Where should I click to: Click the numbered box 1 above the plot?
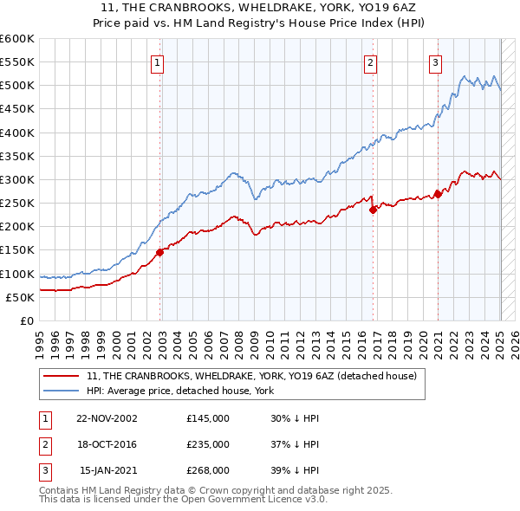157,61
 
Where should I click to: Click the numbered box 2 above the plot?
370,61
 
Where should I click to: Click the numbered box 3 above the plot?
434,61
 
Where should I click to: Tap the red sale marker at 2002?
160,252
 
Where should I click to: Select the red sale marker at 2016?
373,210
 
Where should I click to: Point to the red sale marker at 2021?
438,194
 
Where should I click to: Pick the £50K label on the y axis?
21,297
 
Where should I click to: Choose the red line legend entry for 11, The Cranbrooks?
252,376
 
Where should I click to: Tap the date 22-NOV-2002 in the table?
107,417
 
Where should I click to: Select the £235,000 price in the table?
208,444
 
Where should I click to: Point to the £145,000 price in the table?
208,417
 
